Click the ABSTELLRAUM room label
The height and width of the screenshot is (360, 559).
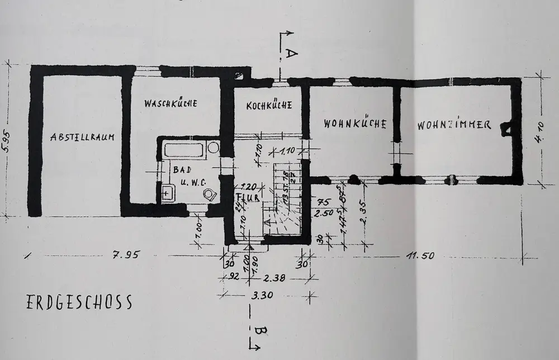pos(82,138)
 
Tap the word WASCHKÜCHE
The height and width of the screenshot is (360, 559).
pos(171,103)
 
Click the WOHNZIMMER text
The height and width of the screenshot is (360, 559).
pos(454,125)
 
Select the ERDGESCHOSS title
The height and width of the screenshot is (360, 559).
pos(79,302)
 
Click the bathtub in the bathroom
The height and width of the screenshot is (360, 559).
pos(184,149)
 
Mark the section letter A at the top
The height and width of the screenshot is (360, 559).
pos(291,54)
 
